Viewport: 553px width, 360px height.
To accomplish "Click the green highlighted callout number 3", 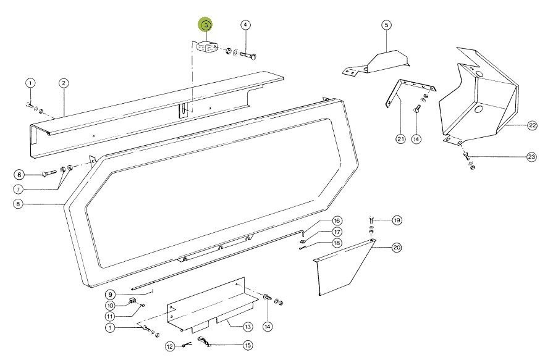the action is pyautogui.click(x=206, y=25).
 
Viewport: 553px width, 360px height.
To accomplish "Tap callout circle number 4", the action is pyautogui.click(x=245, y=25).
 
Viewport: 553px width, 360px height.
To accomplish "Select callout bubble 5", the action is pyautogui.click(x=387, y=25).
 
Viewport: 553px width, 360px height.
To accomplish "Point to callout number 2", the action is pyautogui.click(x=64, y=83).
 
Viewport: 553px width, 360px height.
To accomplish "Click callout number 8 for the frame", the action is pyautogui.click(x=18, y=204).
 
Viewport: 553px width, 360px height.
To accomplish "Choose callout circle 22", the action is pyautogui.click(x=532, y=125).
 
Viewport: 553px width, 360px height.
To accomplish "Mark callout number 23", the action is pyautogui.click(x=531, y=157).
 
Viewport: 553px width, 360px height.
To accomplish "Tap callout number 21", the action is pyautogui.click(x=400, y=139).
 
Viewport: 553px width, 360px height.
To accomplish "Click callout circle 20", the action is pyautogui.click(x=397, y=248).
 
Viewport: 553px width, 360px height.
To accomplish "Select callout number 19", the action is pyautogui.click(x=397, y=220).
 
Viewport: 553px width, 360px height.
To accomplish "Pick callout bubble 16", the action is pyautogui.click(x=337, y=220).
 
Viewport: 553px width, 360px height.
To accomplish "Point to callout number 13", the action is pyautogui.click(x=248, y=327).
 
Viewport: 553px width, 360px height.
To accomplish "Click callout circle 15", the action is pyautogui.click(x=248, y=345).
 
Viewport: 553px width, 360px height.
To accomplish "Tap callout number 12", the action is pyautogui.click(x=171, y=347).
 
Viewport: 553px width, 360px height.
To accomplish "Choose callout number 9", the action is pyautogui.click(x=110, y=295).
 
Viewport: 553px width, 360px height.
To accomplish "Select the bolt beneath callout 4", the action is pyautogui.click(x=248, y=56).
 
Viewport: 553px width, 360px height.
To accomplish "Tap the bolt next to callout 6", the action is pyautogui.click(x=49, y=173).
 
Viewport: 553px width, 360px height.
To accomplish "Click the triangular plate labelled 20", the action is pyautogui.click(x=344, y=267).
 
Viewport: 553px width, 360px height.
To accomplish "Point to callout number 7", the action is pyautogui.click(x=18, y=190).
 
